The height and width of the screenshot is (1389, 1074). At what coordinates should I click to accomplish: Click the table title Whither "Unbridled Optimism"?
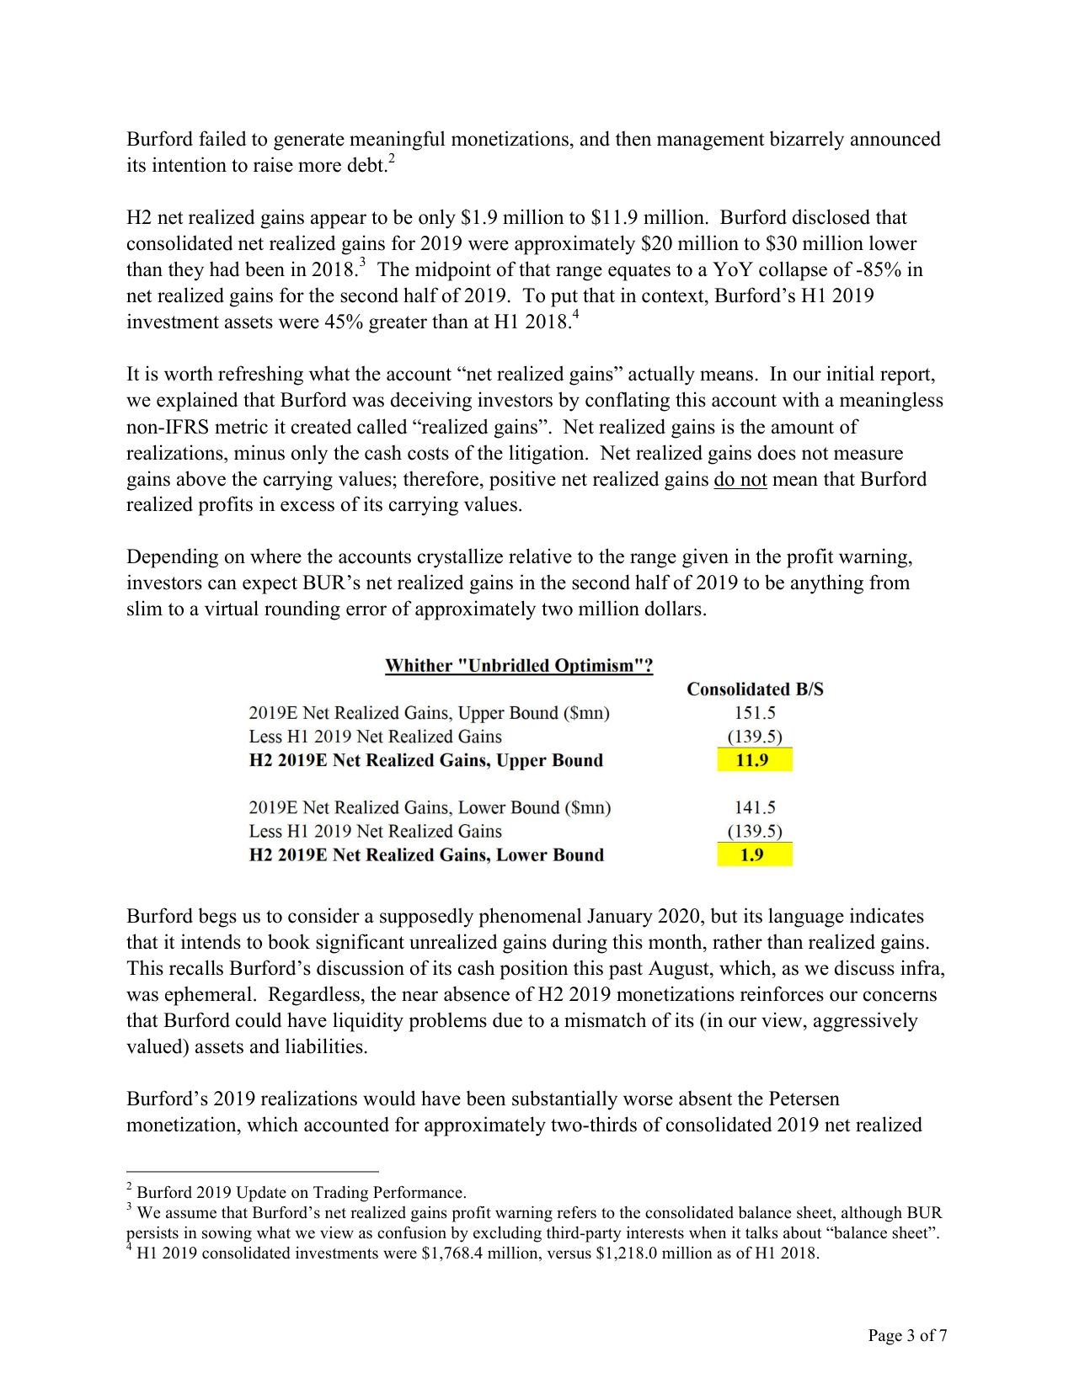[x=519, y=666]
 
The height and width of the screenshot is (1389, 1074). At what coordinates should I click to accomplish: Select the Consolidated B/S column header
[x=755, y=689]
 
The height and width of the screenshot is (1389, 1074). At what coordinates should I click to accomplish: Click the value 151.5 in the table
[x=755, y=713]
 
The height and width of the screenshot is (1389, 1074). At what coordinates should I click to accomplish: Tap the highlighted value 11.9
[x=753, y=761]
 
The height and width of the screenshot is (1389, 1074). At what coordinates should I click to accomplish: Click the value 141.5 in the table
[x=755, y=807]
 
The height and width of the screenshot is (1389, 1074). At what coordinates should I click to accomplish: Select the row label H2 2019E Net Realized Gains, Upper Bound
[x=426, y=761]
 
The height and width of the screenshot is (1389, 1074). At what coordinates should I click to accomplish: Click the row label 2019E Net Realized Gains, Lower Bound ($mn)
[x=430, y=807]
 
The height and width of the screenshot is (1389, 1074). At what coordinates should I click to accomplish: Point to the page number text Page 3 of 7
[x=907, y=1335]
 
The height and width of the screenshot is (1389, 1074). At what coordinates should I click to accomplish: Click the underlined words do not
[x=740, y=480]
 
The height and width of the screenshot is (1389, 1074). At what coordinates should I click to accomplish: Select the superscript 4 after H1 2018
[x=576, y=316]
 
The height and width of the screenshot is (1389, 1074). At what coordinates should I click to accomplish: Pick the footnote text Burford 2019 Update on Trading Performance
[x=302, y=1193]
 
